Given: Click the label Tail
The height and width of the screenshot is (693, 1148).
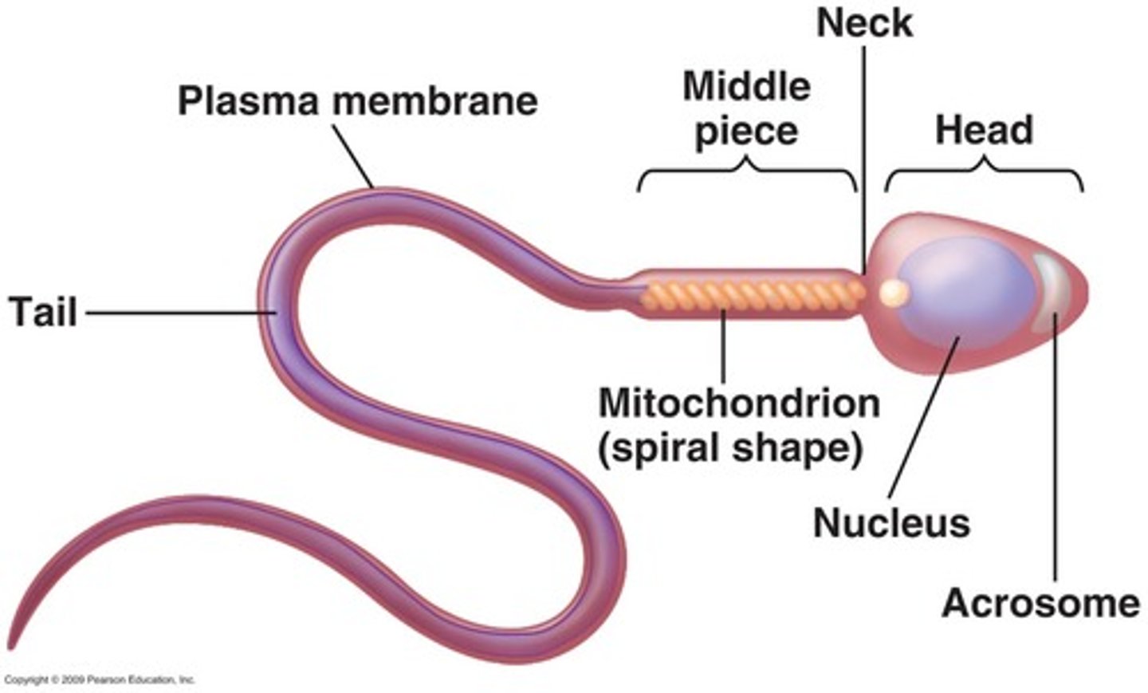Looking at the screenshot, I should (x=43, y=311).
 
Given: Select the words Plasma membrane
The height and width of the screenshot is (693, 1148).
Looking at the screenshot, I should (x=357, y=101).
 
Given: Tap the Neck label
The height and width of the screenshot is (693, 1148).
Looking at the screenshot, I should (x=864, y=23).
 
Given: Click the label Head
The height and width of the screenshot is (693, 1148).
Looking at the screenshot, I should (x=984, y=130).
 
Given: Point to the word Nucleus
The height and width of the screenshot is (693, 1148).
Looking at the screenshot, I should (x=891, y=523).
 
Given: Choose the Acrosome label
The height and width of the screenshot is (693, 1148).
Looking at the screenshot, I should (x=1040, y=603).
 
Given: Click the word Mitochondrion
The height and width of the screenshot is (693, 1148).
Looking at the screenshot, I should (x=739, y=403).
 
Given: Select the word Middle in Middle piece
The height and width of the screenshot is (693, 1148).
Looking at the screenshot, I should (x=746, y=86).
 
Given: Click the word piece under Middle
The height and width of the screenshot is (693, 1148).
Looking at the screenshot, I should (x=746, y=132).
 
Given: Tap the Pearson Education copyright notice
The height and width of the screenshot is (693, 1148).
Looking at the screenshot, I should (x=100, y=680).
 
